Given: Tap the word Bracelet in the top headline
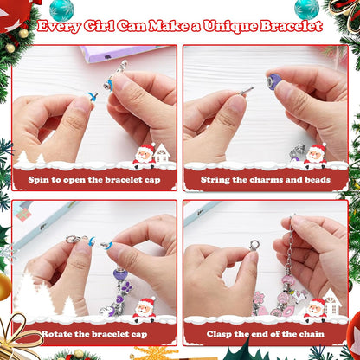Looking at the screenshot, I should pyautogui.click(x=292, y=27).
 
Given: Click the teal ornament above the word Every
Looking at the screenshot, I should pyautogui.click(x=61, y=8).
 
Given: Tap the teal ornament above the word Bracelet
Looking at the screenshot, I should pyautogui.click(x=305, y=8).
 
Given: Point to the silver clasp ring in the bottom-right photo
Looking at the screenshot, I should pyautogui.click(x=254, y=246).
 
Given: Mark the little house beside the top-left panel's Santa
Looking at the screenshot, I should pyautogui.click(x=162, y=154).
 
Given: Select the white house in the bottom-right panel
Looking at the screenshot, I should pyautogui.click(x=330, y=304).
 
